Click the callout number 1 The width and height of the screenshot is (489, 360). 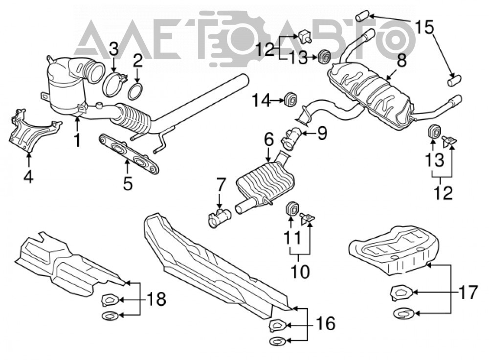point(77,140)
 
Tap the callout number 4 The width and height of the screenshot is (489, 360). point(28,178)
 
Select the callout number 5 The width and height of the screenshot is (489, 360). point(128,183)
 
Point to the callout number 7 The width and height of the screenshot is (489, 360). point(221,185)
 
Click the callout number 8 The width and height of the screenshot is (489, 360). point(401,61)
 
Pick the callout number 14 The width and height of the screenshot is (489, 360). point(262,101)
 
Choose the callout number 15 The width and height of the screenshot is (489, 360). point(424,27)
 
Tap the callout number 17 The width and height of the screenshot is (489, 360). point(468,292)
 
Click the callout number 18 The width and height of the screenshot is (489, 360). point(156,299)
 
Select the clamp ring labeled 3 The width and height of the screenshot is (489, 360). point(114,84)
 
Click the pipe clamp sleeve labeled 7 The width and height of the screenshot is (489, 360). point(220,218)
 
